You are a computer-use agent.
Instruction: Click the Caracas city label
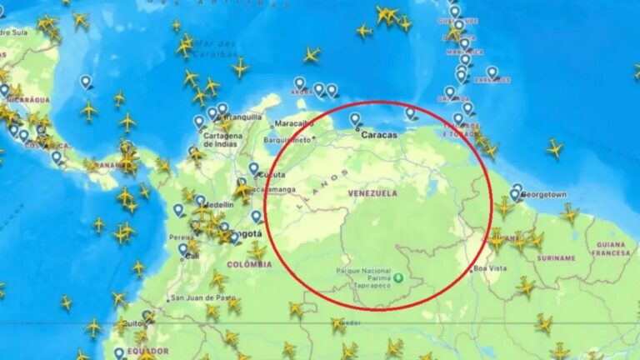click(379, 134)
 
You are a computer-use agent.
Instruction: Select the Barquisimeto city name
click(287, 140)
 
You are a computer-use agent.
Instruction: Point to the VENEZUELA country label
click(373, 193)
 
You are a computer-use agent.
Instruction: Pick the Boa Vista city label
click(490, 268)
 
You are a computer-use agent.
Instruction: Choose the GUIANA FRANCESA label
click(611, 248)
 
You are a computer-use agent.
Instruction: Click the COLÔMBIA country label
click(249, 265)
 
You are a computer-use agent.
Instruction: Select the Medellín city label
click(219, 204)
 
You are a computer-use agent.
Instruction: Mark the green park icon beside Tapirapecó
click(399, 279)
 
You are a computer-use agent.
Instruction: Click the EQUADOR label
click(147, 352)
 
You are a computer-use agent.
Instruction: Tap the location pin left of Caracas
click(355, 120)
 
